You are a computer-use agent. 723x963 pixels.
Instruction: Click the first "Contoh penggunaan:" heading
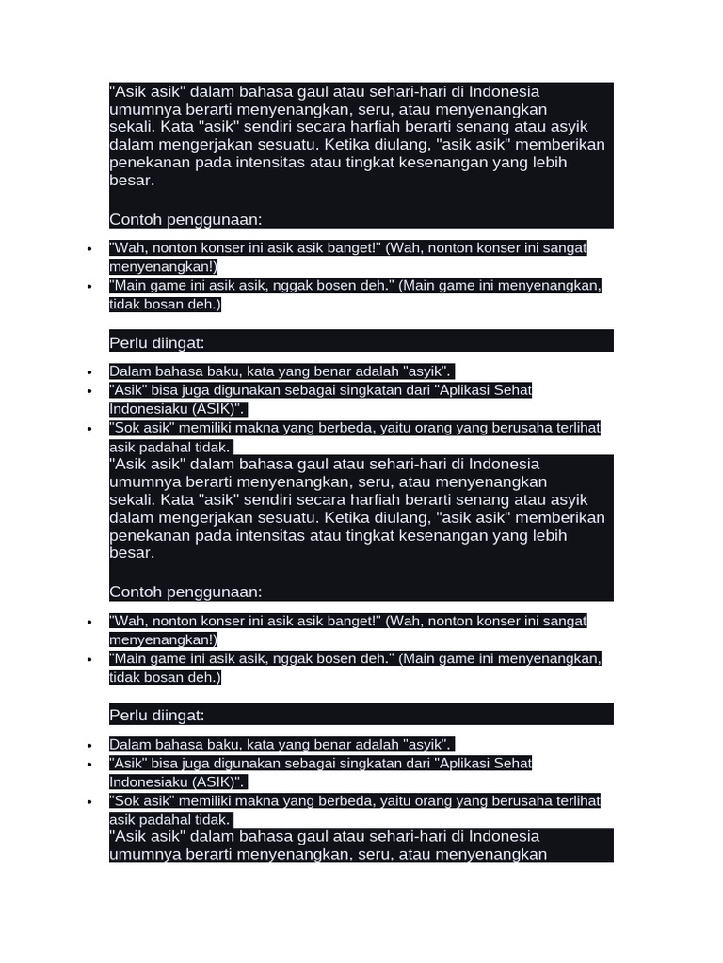(x=185, y=219)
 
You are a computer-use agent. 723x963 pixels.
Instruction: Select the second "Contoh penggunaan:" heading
(x=185, y=592)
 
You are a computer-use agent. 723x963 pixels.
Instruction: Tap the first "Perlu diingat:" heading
(x=157, y=343)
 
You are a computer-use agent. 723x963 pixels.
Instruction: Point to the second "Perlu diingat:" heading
(x=157, y=716)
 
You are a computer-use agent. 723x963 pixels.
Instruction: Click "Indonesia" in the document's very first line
(x=505, y=91)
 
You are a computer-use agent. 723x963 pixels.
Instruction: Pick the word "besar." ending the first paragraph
(x=132, y=180)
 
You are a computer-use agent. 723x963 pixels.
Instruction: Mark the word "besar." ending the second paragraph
(x=132, y=552)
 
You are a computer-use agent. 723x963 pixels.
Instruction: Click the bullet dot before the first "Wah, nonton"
(x=89, y=249)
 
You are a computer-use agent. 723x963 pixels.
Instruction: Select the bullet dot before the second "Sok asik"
(x=89, y=802)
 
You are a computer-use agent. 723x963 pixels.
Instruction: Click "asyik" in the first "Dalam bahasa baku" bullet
(x=426, y=371)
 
